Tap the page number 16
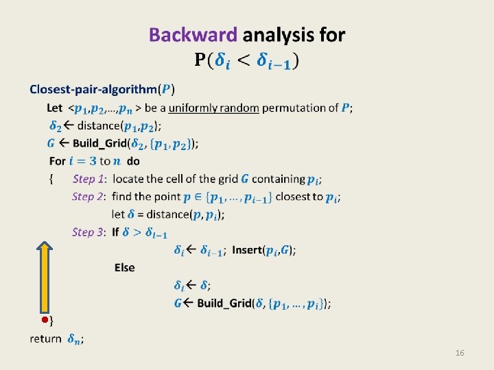pyautogui.click(x=460, y=353)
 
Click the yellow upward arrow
pyautogui.click(x=45, y=277)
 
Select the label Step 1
pyautogui.click(x=89, y=179)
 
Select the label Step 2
pyautogui.click(x=89, y=197)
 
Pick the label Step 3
pyautogui.click(x=89, y=232)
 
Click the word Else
pyautogui.click(x=125, y=267)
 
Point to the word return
pyautogui.click(x=45, y=338)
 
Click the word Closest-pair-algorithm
pyautogui.click(x=93, y=90)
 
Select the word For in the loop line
pyautogui.click(x=58, y=161)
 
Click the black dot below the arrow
pyautogui.click(x=44, y=320)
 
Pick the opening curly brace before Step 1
pyautogui.click(x=51, y=179)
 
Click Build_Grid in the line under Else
pyautogui.click(x=224, y=304)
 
